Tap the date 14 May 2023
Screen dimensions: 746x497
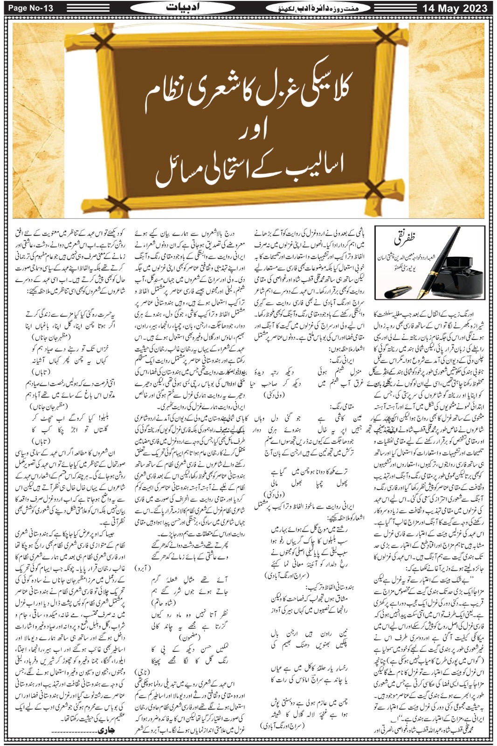(x=455, y=8)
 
